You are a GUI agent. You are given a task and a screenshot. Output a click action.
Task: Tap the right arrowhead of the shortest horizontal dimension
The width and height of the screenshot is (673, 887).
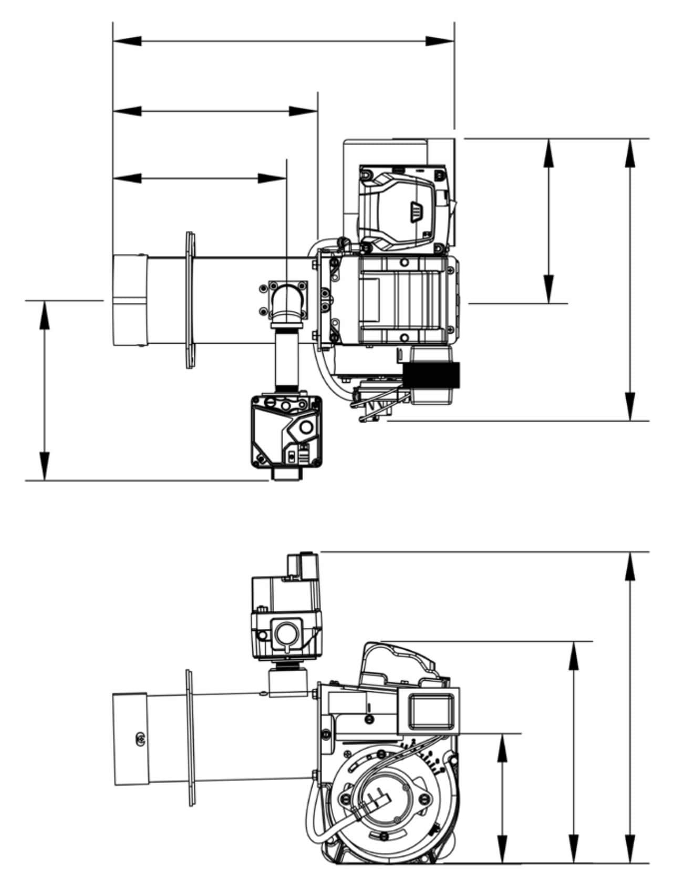[273, 178]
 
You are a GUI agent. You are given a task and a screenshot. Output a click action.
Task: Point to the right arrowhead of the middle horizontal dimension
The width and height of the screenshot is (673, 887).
[304, 111]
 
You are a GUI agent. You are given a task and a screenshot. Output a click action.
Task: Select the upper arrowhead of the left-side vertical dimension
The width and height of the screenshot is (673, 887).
[45, 315]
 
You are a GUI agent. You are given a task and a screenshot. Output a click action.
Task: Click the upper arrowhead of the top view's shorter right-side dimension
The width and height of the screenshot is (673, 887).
[549, 153]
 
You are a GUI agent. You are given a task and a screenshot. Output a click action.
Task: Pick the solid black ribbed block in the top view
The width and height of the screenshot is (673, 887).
[431, 375]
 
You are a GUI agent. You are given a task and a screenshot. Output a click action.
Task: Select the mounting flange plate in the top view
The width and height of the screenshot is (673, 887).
[190, 301]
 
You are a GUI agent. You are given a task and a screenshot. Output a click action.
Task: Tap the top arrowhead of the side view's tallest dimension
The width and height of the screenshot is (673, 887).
[631, 567]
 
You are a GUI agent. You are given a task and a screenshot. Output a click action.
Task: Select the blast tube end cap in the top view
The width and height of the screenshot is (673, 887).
[129, 300]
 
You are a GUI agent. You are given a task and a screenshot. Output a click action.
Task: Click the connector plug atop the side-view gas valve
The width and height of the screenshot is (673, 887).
[301, 565]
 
